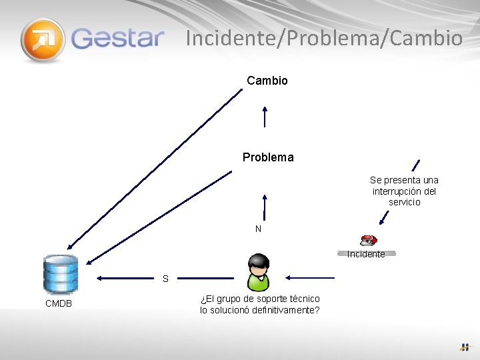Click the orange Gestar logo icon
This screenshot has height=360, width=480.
click(x=43, y=40)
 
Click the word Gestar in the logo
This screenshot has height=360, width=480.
click(x=117, y=37)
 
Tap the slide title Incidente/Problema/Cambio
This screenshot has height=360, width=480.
click(x=324, y=38)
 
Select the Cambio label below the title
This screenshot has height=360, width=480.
click(x=267, y=81)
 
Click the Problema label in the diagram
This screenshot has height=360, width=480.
click(x=268, y=158)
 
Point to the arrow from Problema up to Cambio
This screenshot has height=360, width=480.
click(x=265, y=117)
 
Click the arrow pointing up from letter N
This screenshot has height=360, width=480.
click(x=265, y=207)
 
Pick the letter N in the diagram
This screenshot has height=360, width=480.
click(x=258, y=229)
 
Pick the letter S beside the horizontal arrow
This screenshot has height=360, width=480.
click(x=165, y=279)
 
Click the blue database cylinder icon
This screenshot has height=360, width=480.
click(x=60, y=274)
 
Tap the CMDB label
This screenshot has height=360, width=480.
click(x=59, y=304)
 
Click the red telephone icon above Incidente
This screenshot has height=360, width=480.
click(x=368, y=240)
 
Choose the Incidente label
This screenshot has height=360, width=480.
click(x=366, y=254)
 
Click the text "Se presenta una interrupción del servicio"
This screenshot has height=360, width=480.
click(x=404, y=191)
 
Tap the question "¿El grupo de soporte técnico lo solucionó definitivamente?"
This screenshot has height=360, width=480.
click(x=260, y=305)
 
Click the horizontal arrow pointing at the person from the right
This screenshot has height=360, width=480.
click(x=310, y=277)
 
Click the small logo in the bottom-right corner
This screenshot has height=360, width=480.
click(x=465, y=347)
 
